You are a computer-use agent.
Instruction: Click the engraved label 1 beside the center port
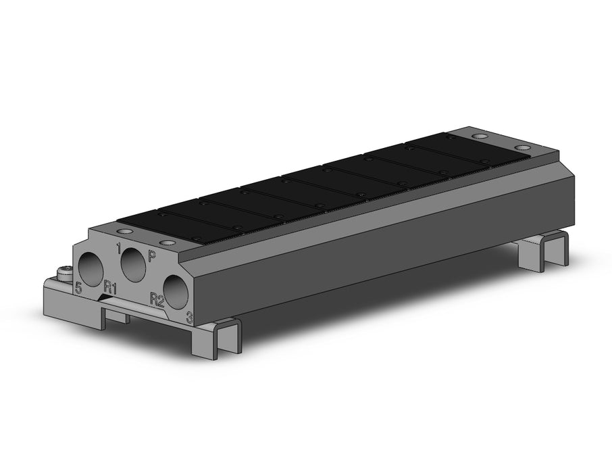[119, 248]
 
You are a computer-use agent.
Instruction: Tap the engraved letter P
[152, 256]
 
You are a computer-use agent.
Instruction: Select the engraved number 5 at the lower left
[79, 289]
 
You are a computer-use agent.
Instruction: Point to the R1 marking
[110, 289]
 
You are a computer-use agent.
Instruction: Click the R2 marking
[157, 299]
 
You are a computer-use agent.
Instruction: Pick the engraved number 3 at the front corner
[189, 318]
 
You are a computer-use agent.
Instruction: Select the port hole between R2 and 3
[176, 293]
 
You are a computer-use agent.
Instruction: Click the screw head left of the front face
[64, 272]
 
